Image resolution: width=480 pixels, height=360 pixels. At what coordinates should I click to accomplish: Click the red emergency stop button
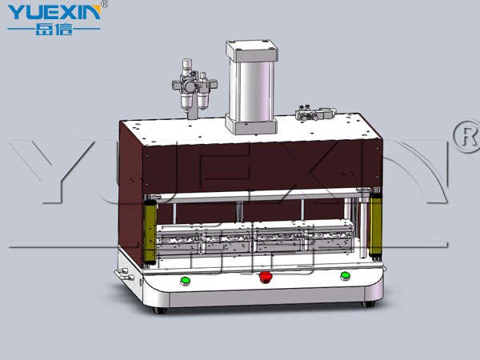click(266, 277)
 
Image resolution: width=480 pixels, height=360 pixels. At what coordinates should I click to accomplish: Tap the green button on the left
click(186, 281)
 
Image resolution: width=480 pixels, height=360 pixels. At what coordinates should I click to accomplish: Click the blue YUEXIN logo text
click(54, 12)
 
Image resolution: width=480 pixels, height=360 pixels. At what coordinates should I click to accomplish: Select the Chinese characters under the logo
click(54, 30)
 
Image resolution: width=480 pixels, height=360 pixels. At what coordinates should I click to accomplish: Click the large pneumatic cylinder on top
click(252, 87)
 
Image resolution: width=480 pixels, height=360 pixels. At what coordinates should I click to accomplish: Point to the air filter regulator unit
click(194, 86)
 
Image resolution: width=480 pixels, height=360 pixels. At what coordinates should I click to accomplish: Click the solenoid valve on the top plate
click(315, 114)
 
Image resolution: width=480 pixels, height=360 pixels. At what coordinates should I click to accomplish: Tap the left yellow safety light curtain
click(150, 232)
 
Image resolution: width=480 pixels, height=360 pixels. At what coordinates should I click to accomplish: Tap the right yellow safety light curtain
click(375, 224)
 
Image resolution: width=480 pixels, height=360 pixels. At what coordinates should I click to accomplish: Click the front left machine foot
click(160, 310)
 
